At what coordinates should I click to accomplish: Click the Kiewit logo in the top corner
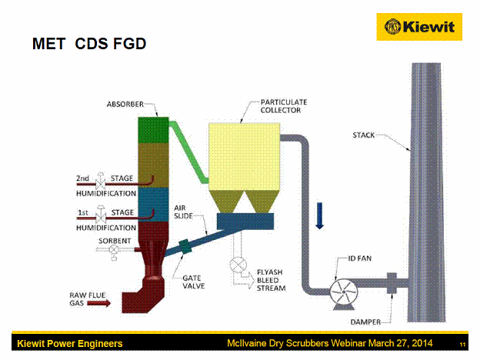click(419, 27)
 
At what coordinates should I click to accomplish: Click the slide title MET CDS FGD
click(89, 44)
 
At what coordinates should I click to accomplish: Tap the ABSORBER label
click(125, 105)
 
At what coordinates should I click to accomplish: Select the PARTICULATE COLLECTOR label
click(284, 106)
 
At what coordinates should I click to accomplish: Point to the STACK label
click(363, 135)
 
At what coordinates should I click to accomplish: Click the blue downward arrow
click(319, 216)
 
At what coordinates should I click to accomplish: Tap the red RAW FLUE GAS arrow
click(99, 303)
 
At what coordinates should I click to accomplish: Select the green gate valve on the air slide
click(185, 246)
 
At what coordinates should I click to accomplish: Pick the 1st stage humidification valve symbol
click(101, 215)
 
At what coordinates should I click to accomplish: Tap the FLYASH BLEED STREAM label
click(272, 280)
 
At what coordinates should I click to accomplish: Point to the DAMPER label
click(365, 322)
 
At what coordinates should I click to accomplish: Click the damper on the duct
click(392, 283)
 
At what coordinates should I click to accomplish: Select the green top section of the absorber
click(153, 130)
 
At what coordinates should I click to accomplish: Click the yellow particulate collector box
click(245, 156)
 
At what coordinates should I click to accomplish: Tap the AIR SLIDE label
click(183, 212)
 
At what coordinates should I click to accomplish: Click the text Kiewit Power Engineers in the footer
click(70, 344)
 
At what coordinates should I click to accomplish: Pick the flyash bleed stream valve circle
click(238, 265)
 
